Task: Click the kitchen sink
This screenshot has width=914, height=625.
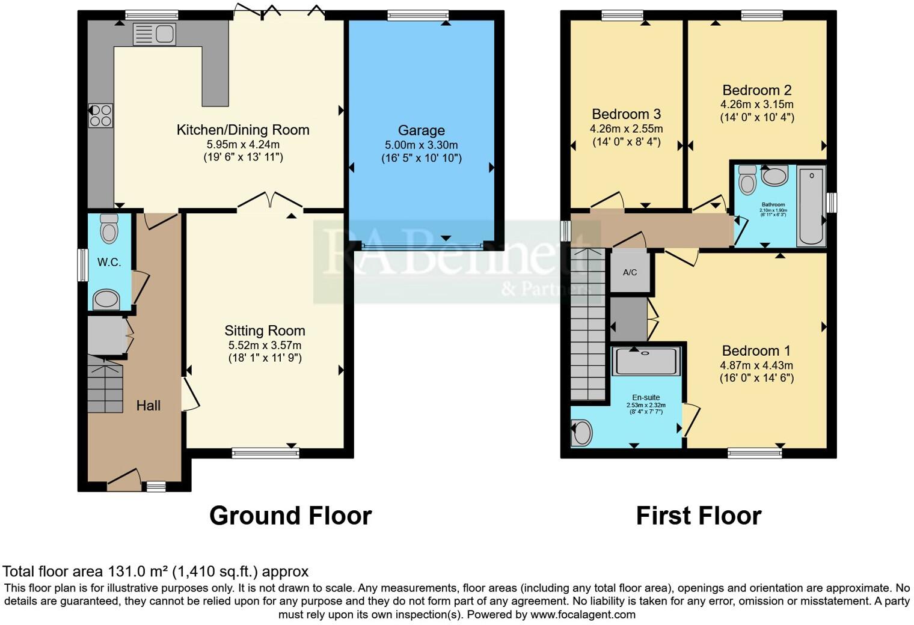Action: pyautogui.click(x=154, y=34)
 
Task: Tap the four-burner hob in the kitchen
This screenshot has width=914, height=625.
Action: pyautogui.click(x=100, y=116)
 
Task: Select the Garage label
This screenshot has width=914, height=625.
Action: pyautogui.click(x=421, y=130)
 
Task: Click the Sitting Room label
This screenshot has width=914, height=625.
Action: pyautogui.click(x=265, y=331)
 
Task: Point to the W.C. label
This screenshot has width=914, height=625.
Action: pyautogui.click(x=109, y=263)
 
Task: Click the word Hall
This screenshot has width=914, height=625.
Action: pyautogui.click(x=148, y=406)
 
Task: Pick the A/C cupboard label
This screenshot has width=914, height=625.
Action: pyautogui.click(x=630, y=272)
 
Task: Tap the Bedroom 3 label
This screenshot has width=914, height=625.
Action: pyautogui.click(x=626, y=114)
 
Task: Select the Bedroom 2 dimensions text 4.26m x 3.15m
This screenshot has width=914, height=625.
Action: pyautogui.click(x=756, y=105)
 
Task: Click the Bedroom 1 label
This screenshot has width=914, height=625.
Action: pyautogui.click(x=756, y=351)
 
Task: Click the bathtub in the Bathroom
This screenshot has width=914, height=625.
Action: pyautogui.click(x=811, y=206)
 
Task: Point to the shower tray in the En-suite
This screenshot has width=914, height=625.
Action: pyautogui.click(x=646, y=361)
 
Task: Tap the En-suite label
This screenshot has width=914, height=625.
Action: pyautogui.click(x=646, y=397)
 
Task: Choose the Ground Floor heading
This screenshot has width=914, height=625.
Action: pyautogui.click(x=290, y=516)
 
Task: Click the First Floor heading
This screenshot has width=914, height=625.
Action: pyautogui.click(x=698, y=516)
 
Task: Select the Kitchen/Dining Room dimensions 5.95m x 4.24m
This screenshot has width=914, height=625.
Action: pyautogui.click(x=243, y=145)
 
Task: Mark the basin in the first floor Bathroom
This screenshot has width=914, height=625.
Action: pyautogui.click(x=774, y=177)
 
